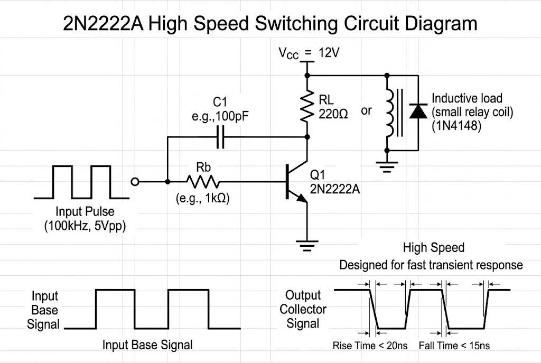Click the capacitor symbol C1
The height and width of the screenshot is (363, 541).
221,137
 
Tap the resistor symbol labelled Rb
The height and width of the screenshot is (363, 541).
203,182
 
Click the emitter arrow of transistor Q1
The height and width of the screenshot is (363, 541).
301,198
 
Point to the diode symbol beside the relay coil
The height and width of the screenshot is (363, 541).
418,111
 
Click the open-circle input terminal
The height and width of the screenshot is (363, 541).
135,182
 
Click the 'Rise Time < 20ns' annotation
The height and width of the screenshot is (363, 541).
369,346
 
